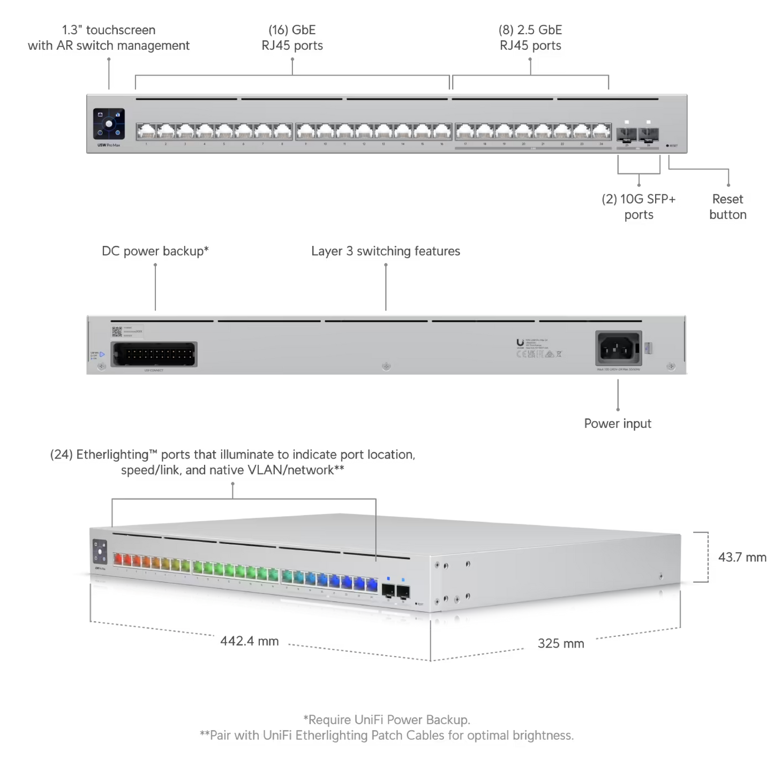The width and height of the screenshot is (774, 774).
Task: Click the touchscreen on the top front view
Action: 109,124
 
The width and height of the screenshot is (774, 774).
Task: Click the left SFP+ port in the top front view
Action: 626,133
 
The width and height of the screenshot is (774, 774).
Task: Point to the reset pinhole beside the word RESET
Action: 667,145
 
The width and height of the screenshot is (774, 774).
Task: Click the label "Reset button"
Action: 727,207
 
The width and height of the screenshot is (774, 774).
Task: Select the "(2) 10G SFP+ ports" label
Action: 638,207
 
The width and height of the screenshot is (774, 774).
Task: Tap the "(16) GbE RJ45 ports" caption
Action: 292,37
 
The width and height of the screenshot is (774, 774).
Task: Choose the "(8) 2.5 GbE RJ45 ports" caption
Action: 530,37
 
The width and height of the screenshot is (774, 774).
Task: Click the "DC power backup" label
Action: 155,251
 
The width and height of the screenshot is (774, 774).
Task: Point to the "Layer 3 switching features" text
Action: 386,251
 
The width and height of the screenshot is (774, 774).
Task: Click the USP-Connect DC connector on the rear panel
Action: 154,354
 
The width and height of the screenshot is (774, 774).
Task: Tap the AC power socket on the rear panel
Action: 618,349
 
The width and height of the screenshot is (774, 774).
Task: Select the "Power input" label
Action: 617,424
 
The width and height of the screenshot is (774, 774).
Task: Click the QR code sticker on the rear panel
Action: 117,332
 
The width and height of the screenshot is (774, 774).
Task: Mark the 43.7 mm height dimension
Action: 742,558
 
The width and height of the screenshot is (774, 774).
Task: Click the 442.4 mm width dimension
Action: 250,641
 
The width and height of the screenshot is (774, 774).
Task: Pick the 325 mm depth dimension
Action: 561,643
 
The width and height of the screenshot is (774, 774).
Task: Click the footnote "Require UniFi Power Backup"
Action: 387,719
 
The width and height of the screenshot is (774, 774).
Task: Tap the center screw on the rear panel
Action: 385,367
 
